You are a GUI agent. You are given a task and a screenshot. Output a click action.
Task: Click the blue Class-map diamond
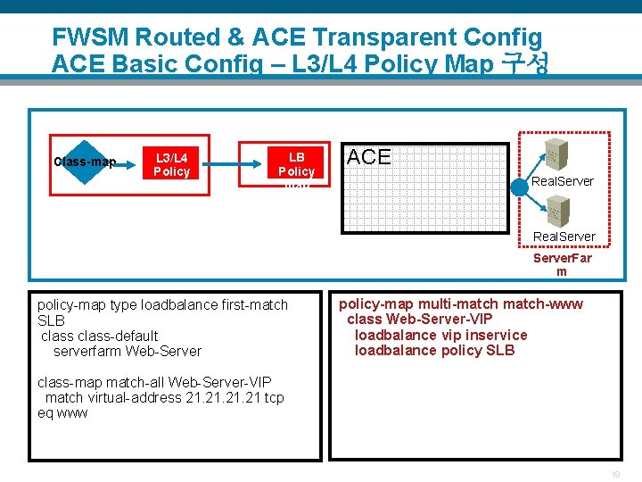(x=84, y=162)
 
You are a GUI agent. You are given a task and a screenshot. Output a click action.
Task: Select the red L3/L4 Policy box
(x=171, y=164)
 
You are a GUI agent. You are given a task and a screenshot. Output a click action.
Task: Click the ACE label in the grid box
(x=369, y=157)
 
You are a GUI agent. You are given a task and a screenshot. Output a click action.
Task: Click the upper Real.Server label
(x=563, y=181)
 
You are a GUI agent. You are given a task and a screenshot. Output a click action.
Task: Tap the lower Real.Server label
(x=564, y=237)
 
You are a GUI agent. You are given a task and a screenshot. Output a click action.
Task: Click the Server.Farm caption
(x=562, y=264)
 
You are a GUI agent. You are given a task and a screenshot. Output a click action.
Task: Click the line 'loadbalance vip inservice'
(x=440, y=335)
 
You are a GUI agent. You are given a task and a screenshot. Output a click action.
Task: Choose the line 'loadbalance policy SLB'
(x=434, y=351)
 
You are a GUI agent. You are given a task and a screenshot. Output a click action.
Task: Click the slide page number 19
(x=613, y=475)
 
